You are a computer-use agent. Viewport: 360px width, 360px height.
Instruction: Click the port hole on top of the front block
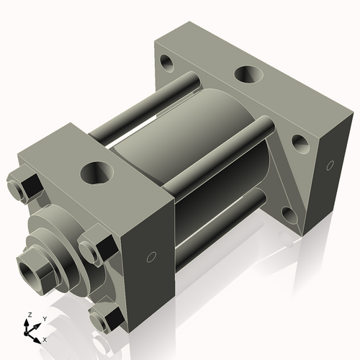pyautogui.click(x=95, y=172)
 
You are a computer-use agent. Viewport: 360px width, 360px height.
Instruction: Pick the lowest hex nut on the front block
pyautogui.click(x=106, y=318)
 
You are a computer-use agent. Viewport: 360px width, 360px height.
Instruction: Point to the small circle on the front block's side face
pyautogui.click(x=151, y=257)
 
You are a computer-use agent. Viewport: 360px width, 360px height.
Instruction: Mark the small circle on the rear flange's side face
pyautogui.click(x=330, y=165)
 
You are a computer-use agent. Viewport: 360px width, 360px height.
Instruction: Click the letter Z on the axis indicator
pyautogui.click(x=29, y=315)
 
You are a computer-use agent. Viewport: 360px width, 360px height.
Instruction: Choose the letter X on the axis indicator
pyautogui.click(x=45, y=338)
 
